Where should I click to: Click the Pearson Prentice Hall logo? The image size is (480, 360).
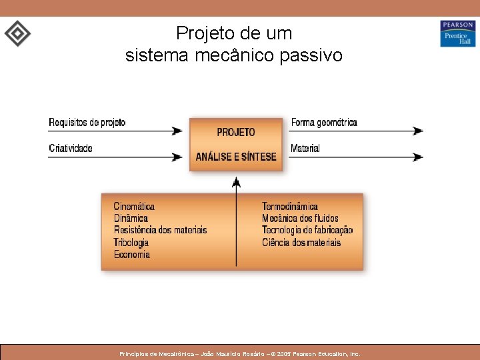[457, 33]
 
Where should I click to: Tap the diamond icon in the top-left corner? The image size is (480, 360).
[17, 33]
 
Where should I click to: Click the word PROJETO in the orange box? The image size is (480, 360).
[235, 132]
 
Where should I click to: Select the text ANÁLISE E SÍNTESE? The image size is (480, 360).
[235, 157]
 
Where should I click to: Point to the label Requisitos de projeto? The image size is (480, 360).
[87, 123]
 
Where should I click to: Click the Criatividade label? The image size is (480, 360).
[70, 148]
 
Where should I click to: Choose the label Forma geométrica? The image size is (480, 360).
[324, 123]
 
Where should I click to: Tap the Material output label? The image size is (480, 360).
[305, 148]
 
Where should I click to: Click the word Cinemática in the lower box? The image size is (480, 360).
[134, 207]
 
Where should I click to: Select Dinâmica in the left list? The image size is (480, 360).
[131, 219]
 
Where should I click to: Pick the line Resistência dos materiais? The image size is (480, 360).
[160, 231]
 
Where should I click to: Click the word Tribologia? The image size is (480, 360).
[131, 243]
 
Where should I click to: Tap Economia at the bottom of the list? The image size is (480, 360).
[132, 255]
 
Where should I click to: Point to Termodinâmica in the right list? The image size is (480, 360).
[289, 207]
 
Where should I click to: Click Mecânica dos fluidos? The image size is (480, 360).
[300, 219]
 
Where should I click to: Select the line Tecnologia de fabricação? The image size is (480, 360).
[307, 231]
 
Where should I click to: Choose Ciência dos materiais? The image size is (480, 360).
[301, 243]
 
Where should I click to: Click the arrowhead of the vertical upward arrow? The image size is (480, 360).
[235, 181]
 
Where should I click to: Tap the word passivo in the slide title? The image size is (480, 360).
[314, 55]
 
